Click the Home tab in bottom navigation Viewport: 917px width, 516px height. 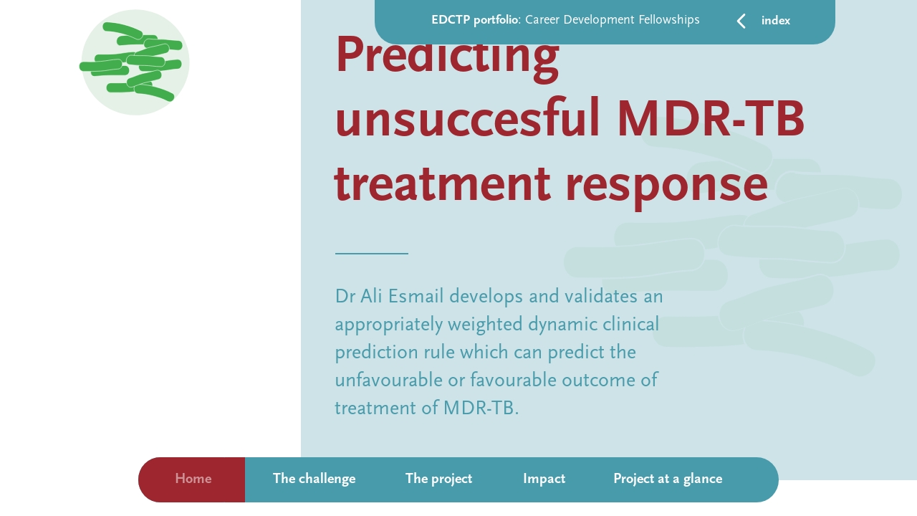pyautogui.click(x=193, y=479)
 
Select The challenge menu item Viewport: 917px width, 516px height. pyautogui.click(x=314, y=479)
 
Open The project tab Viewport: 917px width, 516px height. pyautogui.click(x=438, y=479)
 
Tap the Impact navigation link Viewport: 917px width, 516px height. pyautogui.click(x=544, y=479)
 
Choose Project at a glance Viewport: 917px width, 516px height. pyautogui.click(x=667, y=479)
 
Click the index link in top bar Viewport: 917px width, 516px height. pyautogui.click(x=776, y=21)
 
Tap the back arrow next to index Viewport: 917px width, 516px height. pyautogui.click(x=741, y=21)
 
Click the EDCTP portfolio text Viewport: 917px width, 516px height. pyautogui.click(x=474, y=20)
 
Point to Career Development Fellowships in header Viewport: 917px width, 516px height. pyautogui.click(x=613, y=20)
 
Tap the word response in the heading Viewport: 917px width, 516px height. pyautogui.click(x=666, y=183)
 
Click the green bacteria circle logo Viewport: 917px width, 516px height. pyautogui.click(x=135, y=62)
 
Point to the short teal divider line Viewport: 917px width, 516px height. pyautogui.click(x=371, y=254)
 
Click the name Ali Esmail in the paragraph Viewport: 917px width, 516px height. pyautogui.click(x=402, y=296)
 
